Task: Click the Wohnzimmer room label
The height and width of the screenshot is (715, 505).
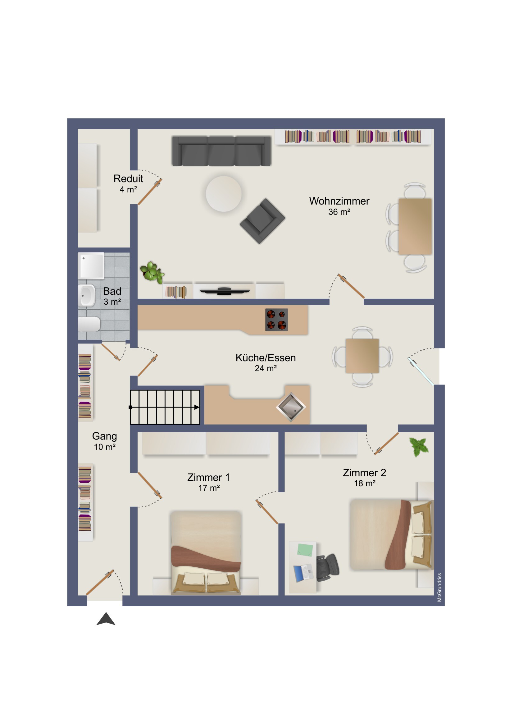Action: pyautogui.click(x=339, y=201)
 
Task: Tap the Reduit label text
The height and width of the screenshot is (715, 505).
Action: pyautogui.click(x=128, y=179)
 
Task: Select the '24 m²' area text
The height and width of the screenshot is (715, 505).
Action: pyautogui.click(x=266, y=368)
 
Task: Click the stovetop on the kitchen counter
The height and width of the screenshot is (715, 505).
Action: pyautogui.click(x=276, y=320)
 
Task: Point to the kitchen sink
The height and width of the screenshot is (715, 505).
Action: pyautogui.click(x=291, y=407)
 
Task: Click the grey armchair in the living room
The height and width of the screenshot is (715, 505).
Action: pyautogui.click(x=262, y=221)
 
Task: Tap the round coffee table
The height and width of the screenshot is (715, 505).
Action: pyautogui.click(x=224, y=194)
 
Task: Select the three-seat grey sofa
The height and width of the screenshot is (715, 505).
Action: pyautogui.click(x=221, y=151)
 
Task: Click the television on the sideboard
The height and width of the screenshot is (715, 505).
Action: pyautogui.click(x=224, y=291)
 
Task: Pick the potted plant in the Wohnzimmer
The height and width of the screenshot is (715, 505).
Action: pyautogui.click(x=152, y=272)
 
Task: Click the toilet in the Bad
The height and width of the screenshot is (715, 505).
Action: pyautogui.click(x=89, y=324)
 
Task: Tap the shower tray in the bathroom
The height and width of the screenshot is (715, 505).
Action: pyautogui.click(x=91, y=265)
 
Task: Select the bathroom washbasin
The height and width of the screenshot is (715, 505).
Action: pyautogui.click(x=87, y=295)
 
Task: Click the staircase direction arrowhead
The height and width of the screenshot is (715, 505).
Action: pyautogui.click(x=197, y=407)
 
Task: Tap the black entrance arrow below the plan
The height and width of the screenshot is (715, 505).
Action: pyautogui.click(x=106, y=619)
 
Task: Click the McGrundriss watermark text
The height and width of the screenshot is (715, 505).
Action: pyautogui.click(x=439, y=587)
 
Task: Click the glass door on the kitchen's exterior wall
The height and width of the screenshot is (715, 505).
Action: pyautogui.click(x=421, y=371)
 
